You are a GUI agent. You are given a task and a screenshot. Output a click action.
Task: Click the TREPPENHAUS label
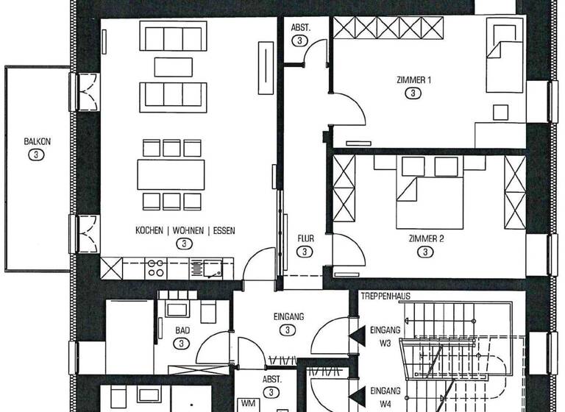point(385,296)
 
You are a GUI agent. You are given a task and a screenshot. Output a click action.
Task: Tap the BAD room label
point(182,331)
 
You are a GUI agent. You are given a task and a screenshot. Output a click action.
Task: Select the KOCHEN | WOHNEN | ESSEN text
point(185,231)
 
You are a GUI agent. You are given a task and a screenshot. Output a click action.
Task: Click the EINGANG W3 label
point(385,335)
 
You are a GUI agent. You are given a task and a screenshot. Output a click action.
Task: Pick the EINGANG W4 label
point(385,396)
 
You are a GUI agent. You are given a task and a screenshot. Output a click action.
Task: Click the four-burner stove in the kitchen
point(156,267)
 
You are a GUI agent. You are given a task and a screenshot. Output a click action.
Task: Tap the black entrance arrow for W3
point(357,335)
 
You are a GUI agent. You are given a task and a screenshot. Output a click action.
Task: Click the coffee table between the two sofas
point(172,67)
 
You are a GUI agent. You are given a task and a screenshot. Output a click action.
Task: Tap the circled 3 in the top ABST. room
point(299,41)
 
